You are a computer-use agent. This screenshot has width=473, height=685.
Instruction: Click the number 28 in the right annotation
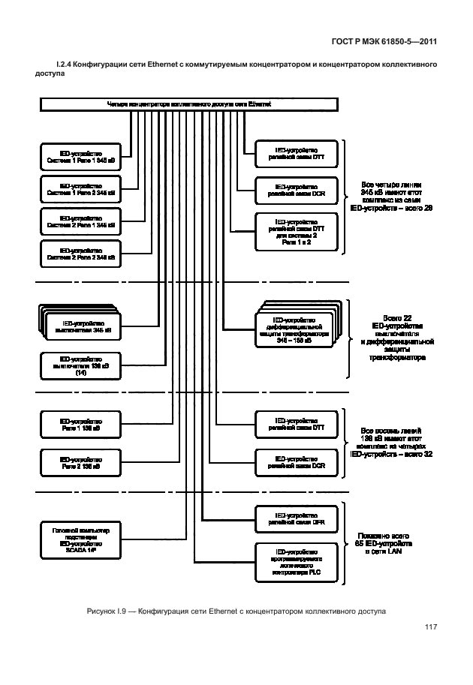pyautogui.click(x=429, y=208)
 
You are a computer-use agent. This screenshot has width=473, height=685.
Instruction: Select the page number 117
pyautogui.click(x=430, y=627)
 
